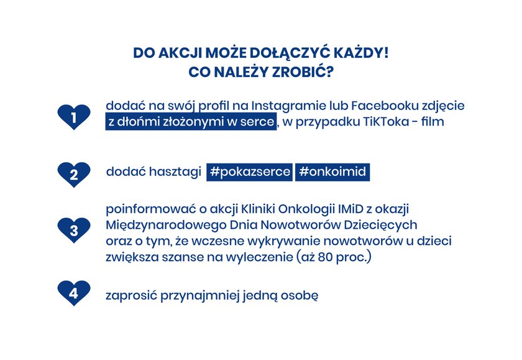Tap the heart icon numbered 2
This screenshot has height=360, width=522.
(74, 175)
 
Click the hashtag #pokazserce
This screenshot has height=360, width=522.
(250, 172)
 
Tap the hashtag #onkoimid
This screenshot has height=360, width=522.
(332, 172)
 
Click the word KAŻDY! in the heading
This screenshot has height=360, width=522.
(361, 53)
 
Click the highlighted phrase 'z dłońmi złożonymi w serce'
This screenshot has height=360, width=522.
(191, 121)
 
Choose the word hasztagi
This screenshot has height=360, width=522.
(175, 172)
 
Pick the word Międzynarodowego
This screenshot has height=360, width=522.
(166, 226)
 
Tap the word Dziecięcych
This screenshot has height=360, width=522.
(380, 226)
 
